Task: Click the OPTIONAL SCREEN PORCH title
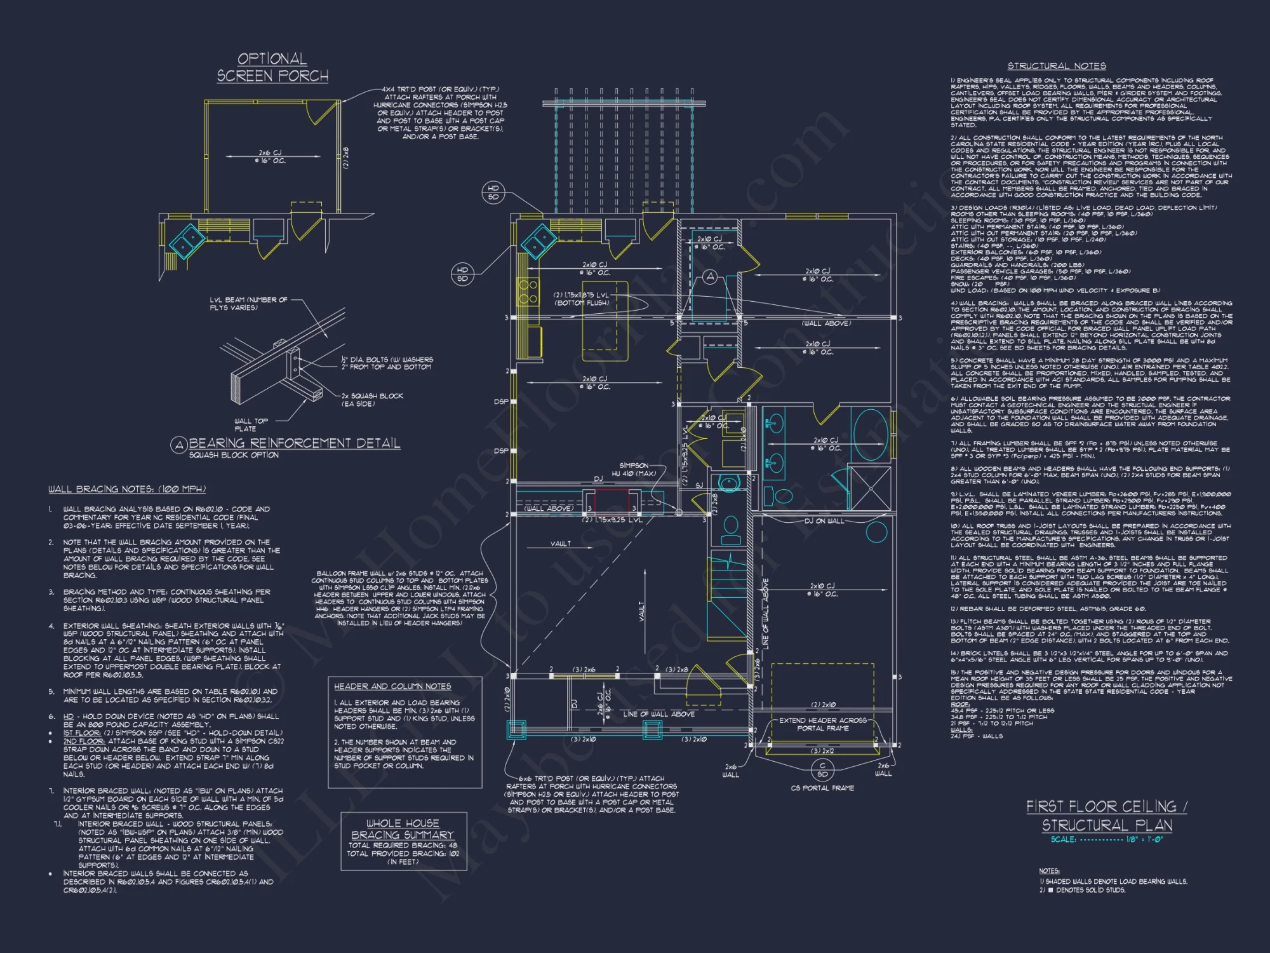click(272, 67)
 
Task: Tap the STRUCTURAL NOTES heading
click(1057, 66)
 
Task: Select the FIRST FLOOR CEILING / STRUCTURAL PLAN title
click(1107, 815)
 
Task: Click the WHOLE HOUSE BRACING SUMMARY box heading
click(403, 829)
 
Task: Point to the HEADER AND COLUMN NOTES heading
click(392, 686)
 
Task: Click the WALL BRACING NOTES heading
click(127, 489)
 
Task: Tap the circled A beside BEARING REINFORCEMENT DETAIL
click(178, 445)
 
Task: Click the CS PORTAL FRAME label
click(822, 788)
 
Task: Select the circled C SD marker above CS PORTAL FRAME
click(822, 770)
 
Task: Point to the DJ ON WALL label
click(824, 521)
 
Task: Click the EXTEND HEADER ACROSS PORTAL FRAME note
click(822, 724)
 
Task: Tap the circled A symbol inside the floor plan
click(710, 276)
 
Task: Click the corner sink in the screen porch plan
click(186, 241)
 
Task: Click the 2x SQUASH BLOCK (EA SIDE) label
click(372, 400)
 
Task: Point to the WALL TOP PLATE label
click(251, 424)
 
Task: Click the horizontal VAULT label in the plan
click(560, 544)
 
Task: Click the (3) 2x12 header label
click(822, 751)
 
